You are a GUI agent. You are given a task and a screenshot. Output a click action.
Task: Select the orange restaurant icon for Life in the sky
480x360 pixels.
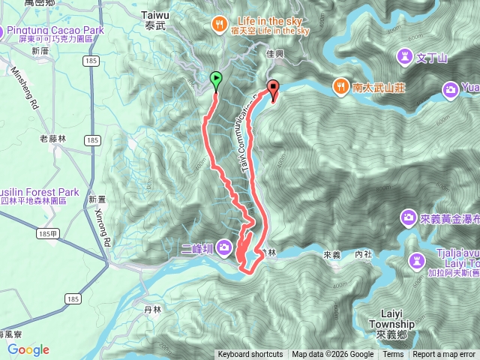click(218, 22)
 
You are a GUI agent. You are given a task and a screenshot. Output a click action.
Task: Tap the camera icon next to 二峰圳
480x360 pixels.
click(225, 250)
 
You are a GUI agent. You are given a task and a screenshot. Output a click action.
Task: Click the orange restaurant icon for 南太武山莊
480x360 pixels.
click(341, 87)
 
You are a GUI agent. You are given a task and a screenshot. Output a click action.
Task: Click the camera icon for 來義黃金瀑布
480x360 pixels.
click(409, 217)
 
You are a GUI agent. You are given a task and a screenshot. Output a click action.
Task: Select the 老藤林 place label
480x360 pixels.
click(53, 138)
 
